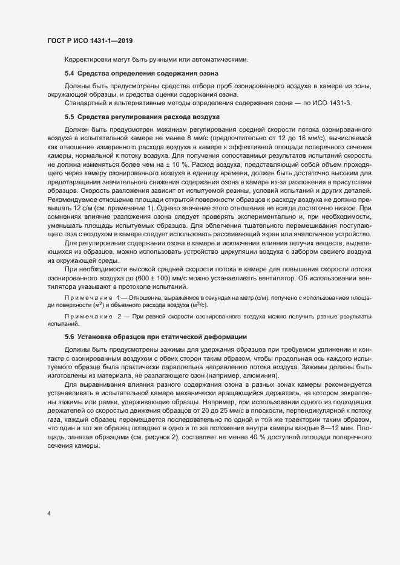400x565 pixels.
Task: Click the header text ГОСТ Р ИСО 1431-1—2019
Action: tap(90, 40)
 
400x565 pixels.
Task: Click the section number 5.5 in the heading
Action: tap(69, 115)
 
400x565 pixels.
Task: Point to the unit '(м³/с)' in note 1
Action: tap(198, 305)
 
